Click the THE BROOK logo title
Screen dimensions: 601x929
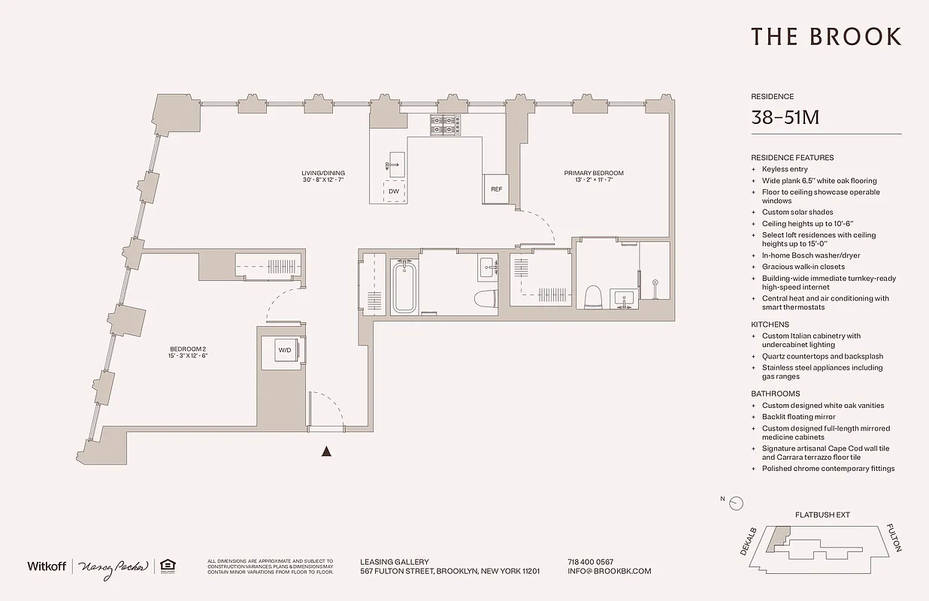(826, 37)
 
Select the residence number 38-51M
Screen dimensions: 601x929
(785, 118)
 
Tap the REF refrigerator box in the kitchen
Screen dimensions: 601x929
(496, 189)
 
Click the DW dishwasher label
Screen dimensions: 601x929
(394, 192)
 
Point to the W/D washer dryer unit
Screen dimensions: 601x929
(284, 350)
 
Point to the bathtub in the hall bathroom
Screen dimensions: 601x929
(404, 286)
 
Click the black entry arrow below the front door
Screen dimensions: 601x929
(326, 452)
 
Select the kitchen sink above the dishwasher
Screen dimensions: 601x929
(395, 163)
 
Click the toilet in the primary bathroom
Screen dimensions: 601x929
(593, 295)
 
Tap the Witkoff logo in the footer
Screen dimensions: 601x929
(47, 566)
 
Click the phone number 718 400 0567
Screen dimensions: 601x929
(590, 561)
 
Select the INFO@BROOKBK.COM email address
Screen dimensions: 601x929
(609, 571)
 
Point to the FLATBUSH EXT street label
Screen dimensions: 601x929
(822, 515)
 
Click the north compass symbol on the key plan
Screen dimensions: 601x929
(736, 503)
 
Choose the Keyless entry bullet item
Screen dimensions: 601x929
(784, 169)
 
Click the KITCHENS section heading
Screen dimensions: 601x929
(770, 325)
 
